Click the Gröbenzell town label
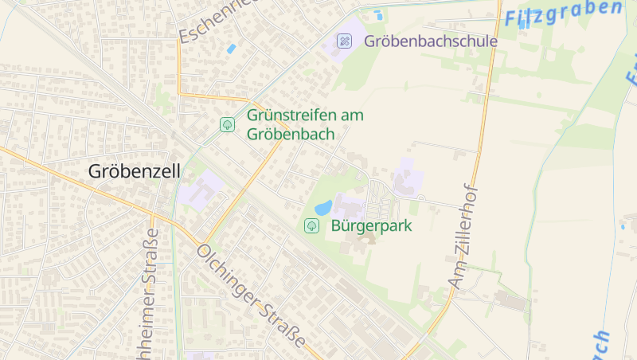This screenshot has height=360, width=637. point(135,171)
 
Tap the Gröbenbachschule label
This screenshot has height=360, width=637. point(431,41)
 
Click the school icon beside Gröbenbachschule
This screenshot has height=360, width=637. point(344,41)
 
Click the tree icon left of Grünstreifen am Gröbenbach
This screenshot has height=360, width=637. point(227,125)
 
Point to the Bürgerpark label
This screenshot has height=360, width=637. point(371,225)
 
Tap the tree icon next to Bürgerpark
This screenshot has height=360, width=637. point(311,226)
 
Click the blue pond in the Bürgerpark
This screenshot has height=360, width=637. point(324,208)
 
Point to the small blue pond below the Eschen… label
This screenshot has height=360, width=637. point(231,49)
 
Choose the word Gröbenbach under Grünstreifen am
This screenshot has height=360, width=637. point(291,134)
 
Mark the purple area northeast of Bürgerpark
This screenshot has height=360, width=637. point(405,177)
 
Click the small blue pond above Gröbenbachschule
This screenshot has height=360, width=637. point(378,14)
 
